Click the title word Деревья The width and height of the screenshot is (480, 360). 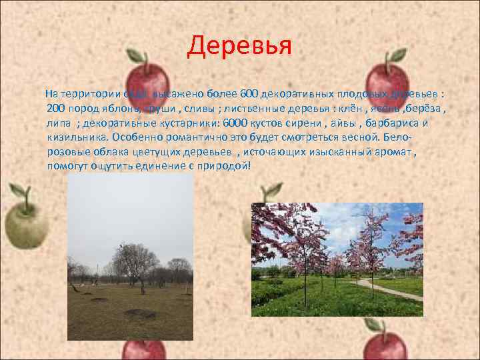tap(239, 45)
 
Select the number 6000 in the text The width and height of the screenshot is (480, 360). tap(235, 123)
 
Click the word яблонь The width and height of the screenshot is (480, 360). tap(119, 107)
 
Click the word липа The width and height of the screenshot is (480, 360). tap(60, 123)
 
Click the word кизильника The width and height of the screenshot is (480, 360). tap(78, 137)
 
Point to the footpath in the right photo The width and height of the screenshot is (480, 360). tap(393, 289)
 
